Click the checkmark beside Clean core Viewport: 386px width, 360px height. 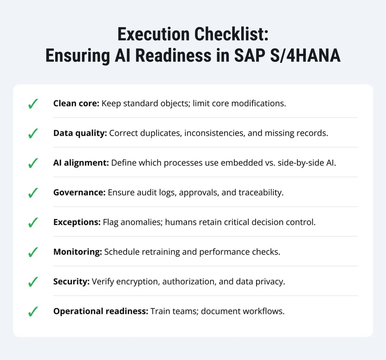tap(32, 104)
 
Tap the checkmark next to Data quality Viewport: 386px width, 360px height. tap(32, 134)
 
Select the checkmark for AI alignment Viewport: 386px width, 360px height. tap(32, 163)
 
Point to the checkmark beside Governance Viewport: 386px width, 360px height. tap(32, 193)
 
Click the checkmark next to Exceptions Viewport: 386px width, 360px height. tap(32, 223)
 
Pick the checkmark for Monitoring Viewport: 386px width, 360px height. tap(32, 252)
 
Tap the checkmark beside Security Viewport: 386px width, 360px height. tap(32, 282)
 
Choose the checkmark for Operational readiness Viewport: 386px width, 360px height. tap(32, 312)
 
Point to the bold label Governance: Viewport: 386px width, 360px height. tap(79, 193)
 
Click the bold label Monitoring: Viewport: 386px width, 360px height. tap(77, 252)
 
